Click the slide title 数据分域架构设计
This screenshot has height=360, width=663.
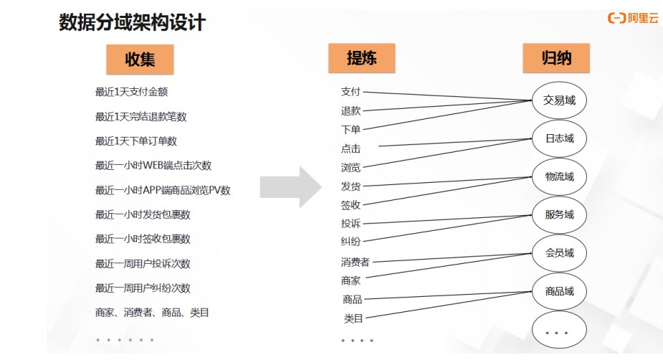click(132, 23)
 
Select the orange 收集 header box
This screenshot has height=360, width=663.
click(140, 60)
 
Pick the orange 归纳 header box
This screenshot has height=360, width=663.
click(556, 58)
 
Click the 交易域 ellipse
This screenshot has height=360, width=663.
click(559, 101)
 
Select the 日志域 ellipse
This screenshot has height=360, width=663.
click(559, 138)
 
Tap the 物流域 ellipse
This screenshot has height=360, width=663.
click(559, 176)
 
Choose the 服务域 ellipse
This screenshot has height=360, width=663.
click(559, 214)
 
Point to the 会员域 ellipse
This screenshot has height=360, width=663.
click(559, 253)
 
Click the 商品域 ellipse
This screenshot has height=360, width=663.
click(559, 291)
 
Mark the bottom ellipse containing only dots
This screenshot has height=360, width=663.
click(559, 331)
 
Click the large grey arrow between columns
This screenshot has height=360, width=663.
click(290, 187)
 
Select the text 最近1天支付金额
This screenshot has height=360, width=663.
click(131, 92)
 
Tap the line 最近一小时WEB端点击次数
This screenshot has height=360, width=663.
click(153, 166)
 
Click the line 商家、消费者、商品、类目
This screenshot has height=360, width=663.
click(152, 313)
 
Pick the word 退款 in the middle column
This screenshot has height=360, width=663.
click(350, 110)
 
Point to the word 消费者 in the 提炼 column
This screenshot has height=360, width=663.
click(355, 262)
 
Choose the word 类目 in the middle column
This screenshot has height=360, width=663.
click(353, 318)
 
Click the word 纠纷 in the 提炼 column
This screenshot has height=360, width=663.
click(350, 242)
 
